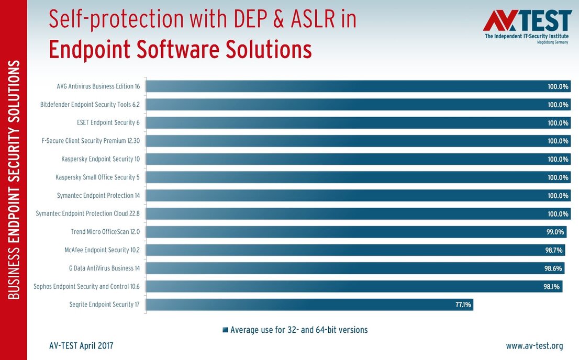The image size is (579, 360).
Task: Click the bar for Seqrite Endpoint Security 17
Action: pyautogui.click(x=309, y=305)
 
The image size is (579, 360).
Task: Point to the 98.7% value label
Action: pyautogui.click(x=554, y=250)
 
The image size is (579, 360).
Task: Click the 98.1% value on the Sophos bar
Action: pyautogui.click(x=552, y=286)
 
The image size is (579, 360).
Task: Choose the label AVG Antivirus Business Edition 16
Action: pyautogui.click(x=98, y=86)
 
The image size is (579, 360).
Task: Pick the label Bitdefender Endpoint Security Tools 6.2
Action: pyautogui.click(x=90, y=105)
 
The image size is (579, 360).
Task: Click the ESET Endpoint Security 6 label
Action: pyautogui.click(x=108, y=123)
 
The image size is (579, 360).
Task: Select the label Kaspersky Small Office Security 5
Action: pyautogui.click(x=97, y=177)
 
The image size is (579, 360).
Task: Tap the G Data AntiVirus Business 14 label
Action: pyautogui.click(x=104, y=268)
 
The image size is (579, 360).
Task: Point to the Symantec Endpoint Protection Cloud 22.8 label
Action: pyautogui.click(x=87, y=213)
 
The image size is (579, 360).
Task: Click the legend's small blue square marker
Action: pyautogui.click(x=225, y=330)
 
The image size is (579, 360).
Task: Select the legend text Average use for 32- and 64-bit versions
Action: pyautogui.click(x=299, y=330)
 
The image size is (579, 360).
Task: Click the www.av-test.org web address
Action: pyautogui.click(x=534, y=346)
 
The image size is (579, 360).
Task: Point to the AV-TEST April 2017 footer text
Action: pyautogui.click(x=81, y=346)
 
